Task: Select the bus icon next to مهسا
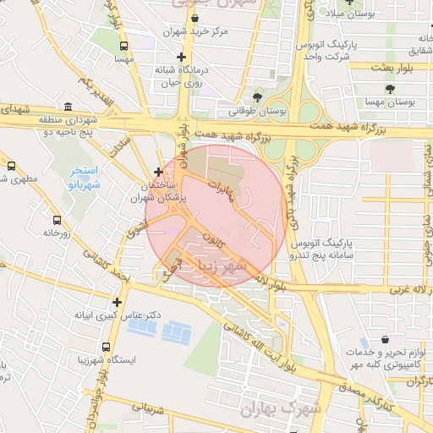point(124,47)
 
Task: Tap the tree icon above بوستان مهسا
point(390,88)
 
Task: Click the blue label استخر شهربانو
point(84,177)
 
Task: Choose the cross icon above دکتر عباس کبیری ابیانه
point(117,301)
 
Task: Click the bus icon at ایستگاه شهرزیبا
point(106,347)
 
